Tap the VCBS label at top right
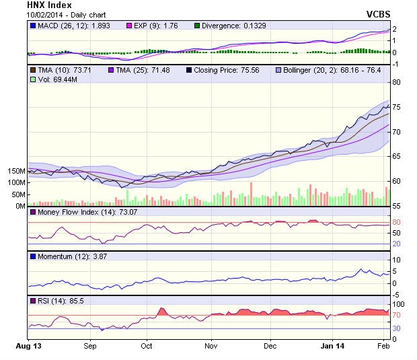pos(378,14)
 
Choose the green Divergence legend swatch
pos(197,26)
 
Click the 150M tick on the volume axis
pos(16,171)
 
